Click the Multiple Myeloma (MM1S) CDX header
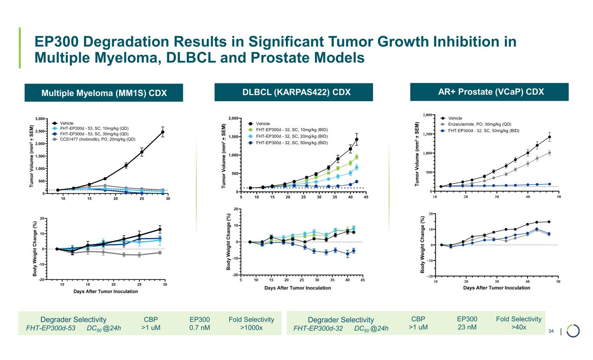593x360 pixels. (104, 93)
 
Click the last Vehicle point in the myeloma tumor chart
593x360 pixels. (162, 132)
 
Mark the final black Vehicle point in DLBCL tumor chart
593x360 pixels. (357, 139)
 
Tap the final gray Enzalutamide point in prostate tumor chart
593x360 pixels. (550, 153)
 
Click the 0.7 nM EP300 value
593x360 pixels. (200, 327)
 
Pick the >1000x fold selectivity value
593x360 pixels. (251, 327)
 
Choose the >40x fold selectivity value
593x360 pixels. (518, 327)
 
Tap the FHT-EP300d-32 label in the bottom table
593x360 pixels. (318, 328)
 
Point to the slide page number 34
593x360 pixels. (551, 332)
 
